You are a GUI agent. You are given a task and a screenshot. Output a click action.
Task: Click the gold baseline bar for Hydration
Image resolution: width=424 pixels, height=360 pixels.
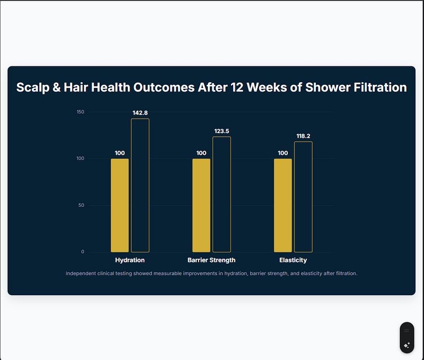click(x=120, y=205)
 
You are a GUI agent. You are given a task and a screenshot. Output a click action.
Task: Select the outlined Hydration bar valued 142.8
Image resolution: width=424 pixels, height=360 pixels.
click(x=140, y=185)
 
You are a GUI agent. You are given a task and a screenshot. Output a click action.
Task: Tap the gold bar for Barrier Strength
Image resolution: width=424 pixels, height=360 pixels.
click(x=201, y=205)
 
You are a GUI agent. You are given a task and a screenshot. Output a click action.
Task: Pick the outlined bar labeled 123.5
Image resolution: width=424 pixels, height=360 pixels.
click(x=222, y=194)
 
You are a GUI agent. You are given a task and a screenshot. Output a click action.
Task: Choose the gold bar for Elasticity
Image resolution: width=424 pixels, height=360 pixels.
click(x=283, y=205)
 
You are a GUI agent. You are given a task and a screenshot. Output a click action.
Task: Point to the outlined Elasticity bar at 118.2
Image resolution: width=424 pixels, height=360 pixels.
click(x=303, y=197)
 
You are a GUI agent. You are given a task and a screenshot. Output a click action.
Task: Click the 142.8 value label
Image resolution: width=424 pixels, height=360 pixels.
click(x=140, y=113)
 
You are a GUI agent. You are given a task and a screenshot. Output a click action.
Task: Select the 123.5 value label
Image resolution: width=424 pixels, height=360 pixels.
click(x=222, y=131)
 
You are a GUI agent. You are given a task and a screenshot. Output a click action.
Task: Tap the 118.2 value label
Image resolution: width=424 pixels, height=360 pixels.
click(x=303, y=136)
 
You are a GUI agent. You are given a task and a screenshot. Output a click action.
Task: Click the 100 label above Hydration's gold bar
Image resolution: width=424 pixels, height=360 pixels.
click(x=120, y=153)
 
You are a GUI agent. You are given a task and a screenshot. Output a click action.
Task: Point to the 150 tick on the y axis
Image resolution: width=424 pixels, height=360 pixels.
click(x=81, y=112)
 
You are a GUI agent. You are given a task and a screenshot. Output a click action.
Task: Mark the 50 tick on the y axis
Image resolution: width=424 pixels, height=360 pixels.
click(x=82, y=205)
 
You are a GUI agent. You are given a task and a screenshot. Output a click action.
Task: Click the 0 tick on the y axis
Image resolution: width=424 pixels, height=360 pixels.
click(x=83, y=252)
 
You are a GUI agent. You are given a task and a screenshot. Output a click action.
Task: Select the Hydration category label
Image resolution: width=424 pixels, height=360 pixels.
click(x=130, y=260)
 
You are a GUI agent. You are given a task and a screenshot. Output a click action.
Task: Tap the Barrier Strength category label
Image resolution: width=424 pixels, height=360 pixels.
click(x=211, y=260)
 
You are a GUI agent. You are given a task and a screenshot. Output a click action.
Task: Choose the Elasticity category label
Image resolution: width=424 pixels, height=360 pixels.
click(x=293, y=260)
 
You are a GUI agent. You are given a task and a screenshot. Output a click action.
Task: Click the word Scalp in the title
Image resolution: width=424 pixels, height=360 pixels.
click(x=31, y=87)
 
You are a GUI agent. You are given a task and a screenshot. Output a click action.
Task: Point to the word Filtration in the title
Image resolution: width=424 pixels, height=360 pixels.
click(x=379, y=87)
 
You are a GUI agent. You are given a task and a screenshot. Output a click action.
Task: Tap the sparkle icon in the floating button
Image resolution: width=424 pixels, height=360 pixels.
click(x=407, y=345)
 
